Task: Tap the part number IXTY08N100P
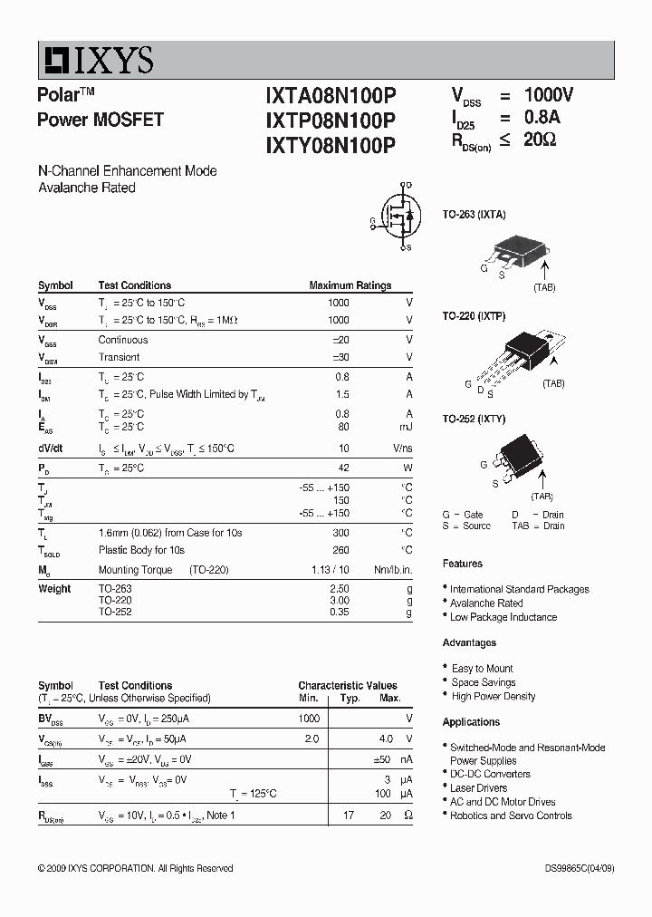click(x=331, y=144)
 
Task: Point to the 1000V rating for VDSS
click(x=549, y=95)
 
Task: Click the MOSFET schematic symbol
click(x=398, y=218)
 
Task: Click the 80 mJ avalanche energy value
click(x=342, y=427)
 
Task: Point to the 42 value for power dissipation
click(x=342, y=468)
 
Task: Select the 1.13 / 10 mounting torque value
click(x=331, y=570)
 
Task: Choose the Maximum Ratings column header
click(x=350, y=285)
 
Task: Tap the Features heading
click(x=462, y=564)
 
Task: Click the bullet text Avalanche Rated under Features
click(x=486, y=603)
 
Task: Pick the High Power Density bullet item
click(x=494, y=697)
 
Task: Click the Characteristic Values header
click(x=348, y=686)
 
